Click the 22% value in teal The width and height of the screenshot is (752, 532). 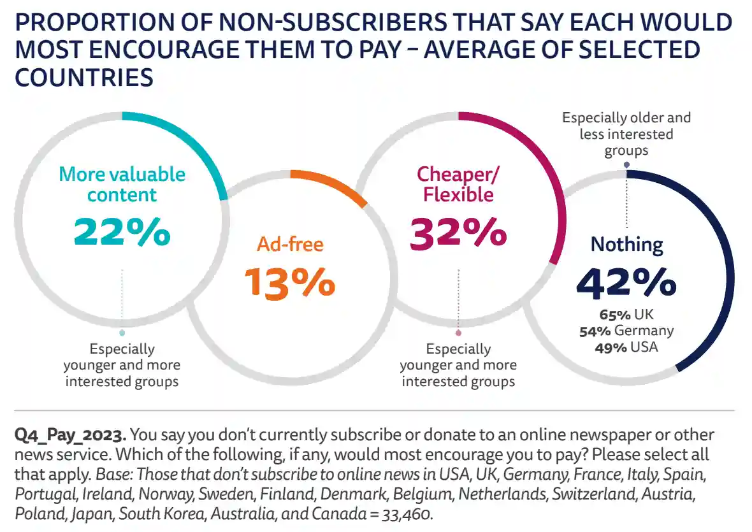tap(122, 232)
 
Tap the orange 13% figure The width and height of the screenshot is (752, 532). tap(290, 283)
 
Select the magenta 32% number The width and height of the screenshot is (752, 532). tap(458, 234)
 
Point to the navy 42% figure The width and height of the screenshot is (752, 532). tap(626, 283)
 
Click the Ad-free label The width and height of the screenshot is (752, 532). tap(290, 244)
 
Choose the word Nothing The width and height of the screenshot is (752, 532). tap(627, 245)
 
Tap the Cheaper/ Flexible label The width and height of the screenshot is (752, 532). tap(458, 185)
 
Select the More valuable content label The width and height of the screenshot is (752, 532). tap(122, 185)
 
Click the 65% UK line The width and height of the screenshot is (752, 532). tap(626, 314)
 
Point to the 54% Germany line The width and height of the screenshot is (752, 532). tap(626, 331)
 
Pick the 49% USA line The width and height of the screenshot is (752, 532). tap(626, 347)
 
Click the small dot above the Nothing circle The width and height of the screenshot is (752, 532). tap(626, 165)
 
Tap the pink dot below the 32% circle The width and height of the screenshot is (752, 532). tap(458, 333)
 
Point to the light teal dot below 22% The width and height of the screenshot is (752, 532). tap(122, 333)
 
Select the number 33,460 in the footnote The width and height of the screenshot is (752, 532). tap(407, 514)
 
